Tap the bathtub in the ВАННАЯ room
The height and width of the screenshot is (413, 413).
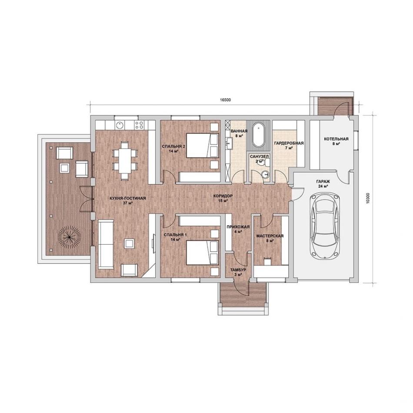(x=259, y=135)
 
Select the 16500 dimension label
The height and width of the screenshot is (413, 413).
(x=225, y=100)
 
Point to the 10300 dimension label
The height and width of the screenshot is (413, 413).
(x=368, y=198)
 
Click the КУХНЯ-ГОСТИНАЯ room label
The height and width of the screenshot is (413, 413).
(x=128, y=198)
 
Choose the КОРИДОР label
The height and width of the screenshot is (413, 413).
(x=223, y=196)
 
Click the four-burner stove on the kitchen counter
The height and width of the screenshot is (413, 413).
(x=140, y=125)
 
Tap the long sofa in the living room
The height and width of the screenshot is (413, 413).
(x=106, y=244)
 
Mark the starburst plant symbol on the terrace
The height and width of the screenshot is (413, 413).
(x=69, y=237)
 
